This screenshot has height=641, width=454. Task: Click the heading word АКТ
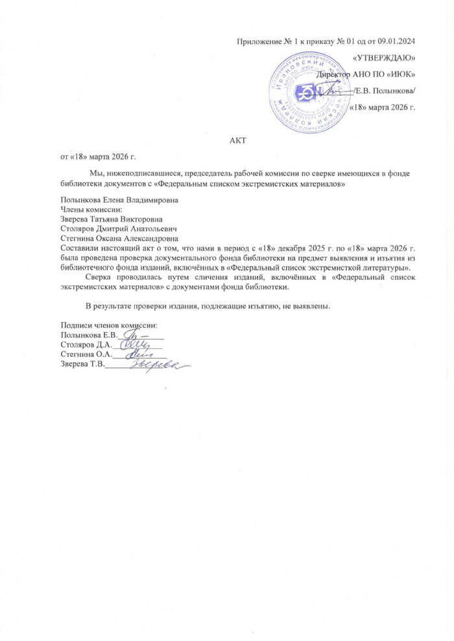click(239, 139)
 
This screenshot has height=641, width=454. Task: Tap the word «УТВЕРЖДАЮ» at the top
click(385, 59)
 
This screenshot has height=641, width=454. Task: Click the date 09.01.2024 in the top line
click(394, 42)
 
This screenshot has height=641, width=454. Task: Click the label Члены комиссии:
click(91, 210)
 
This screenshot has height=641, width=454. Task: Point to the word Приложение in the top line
click(259, 42)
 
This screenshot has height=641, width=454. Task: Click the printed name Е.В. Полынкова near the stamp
click(387, 91)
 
